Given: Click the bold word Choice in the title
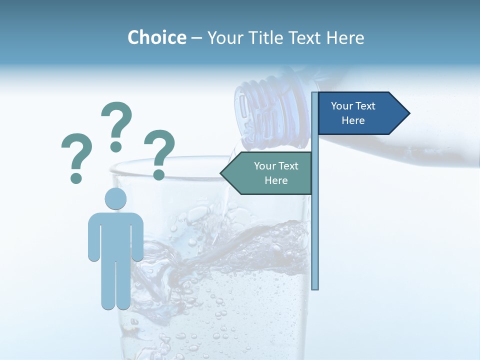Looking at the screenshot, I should [156, 37].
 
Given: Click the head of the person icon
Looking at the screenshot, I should [115, 198].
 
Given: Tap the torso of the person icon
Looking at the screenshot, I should [115, 235].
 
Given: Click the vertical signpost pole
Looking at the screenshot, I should [315, 225].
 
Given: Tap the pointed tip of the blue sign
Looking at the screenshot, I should [407, 113].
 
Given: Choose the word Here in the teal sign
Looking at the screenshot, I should [276, 180].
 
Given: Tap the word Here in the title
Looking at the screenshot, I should [345, 38].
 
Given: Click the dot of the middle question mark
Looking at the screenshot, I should [116, 146].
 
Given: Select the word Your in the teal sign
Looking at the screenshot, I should [265, 166].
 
